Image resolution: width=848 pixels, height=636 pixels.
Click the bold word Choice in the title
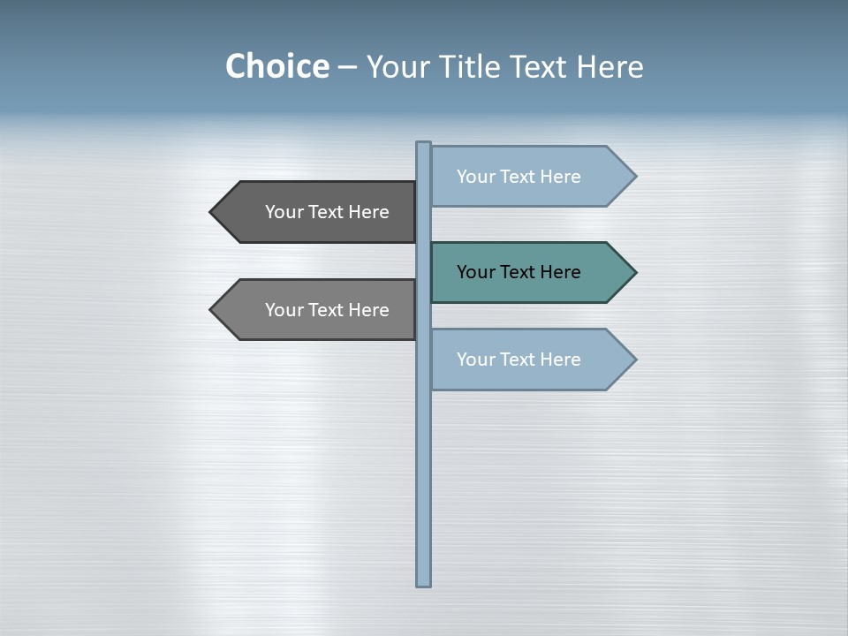(276, 67)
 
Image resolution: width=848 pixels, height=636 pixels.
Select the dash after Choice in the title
(347, 68)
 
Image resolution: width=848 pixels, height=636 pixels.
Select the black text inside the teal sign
(519, 272)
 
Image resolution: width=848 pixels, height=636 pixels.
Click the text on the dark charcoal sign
(327, 212)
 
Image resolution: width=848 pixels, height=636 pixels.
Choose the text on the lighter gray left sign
(327, 310)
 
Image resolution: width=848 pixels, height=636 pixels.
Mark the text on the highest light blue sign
(519, 177)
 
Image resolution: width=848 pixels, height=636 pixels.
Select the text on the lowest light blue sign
(519, 360)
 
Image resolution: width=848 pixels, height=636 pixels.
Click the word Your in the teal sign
(475, 272)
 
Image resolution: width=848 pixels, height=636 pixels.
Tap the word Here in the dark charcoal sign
(368, 212)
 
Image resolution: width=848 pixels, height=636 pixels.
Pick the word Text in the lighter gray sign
(327, 310)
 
